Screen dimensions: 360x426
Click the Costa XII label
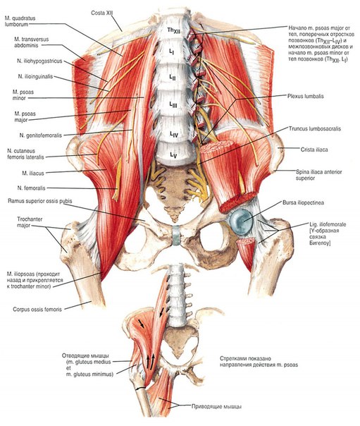point(101,13)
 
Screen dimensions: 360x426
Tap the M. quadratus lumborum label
point(20,21)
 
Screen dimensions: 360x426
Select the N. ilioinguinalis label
point(35,77)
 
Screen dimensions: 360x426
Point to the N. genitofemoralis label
point(41,135)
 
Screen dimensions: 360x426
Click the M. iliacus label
point(33,173)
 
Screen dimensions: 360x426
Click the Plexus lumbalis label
point(306,96)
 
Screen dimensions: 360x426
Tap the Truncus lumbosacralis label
point(315,128)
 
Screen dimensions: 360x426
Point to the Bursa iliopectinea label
point(303,202)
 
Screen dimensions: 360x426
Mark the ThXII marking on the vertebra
point(173,30)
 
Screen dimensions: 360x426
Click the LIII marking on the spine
point(173,104)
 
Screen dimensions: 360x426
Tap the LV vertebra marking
point(173,155)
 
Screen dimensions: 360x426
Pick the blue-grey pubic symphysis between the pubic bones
point(177,235)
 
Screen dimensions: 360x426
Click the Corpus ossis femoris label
point(37,309)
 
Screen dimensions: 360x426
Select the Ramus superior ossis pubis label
point(40,201)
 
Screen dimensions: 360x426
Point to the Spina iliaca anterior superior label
point(318,175)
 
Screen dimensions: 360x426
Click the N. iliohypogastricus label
point(39,61)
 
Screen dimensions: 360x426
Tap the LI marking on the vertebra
point(171,52)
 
